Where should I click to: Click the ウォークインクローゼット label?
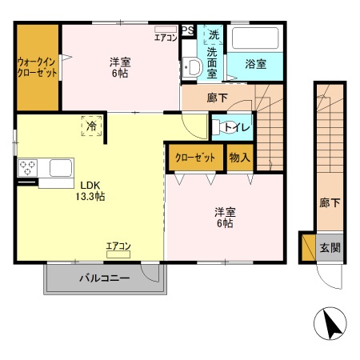pyautogui.click(x=37, y=66)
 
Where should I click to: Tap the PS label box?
pyautogui.click(x=187, y=30)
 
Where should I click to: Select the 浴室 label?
pyautogui.click(x=255, y=62)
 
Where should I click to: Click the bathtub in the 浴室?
pyautogui.click(x=254, y=40)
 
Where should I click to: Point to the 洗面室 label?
pyautogui.click(x=211, y=62)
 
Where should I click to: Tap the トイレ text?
pyautogui.click(x=236, y=126)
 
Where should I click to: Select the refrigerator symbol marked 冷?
pyautogui.click(x=92, y=126)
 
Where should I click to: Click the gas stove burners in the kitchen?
pyautogui.click(x=27, y=168)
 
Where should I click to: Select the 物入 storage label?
pyautogui.click(x=239, y=157)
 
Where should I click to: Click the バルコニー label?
pyautogui.click(x=104, y=279)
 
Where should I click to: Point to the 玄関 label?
pyautogui.click(x=330, y=247)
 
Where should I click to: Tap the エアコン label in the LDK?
pyautogui.click(x=118, y=246)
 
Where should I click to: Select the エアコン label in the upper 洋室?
pyautogui.click(x=166, y=38)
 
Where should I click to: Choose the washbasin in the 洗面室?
pyautogui.click(x=191, y=67)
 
